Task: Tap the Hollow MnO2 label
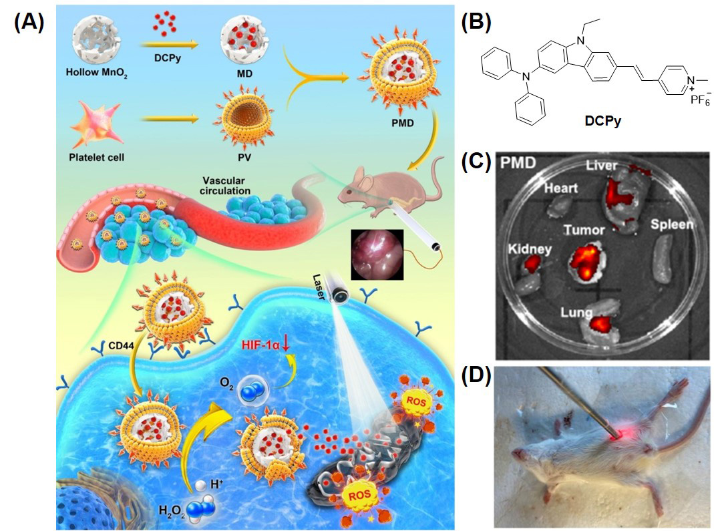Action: pyautogui.click(x=94, y=71)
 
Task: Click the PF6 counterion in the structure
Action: pyautogui.click(x=692, y=105)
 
